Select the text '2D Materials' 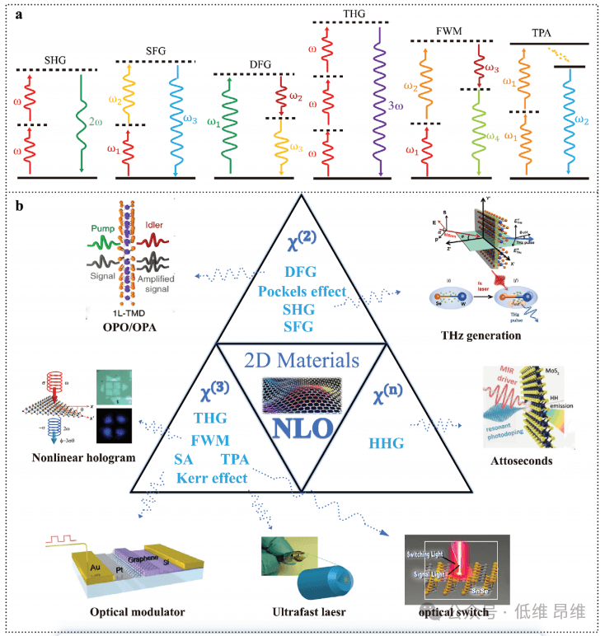point(302,361)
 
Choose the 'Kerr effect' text point(211,478)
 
